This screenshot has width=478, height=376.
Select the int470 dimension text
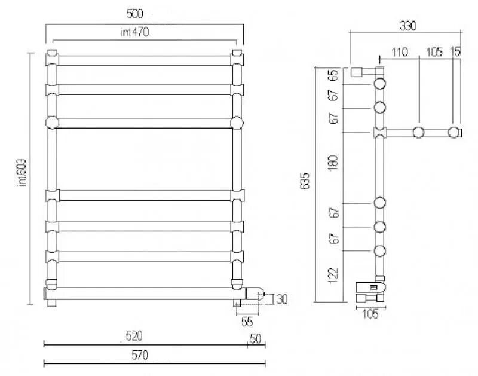(x=134, y=33)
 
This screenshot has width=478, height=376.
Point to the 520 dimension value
(x=134, y=336)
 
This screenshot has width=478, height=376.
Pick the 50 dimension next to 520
(x=255, y=339)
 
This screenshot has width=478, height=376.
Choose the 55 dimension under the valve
(x=247, y=322)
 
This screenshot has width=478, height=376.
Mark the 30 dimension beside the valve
(x=282, y=299)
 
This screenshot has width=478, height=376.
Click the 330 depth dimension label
(x=407, y=26)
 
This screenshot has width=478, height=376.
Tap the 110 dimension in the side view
(x=399, y=53)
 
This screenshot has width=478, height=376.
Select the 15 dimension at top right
(x=456, y=53)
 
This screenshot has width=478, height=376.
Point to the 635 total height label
(x=305, y=182)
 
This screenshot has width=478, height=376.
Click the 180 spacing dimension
(x=333, y=163)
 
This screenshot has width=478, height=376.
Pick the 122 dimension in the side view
(x=333, y=274)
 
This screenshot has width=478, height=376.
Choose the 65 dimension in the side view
(x=333, y=76)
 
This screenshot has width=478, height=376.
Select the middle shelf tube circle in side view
(x=419, y=132)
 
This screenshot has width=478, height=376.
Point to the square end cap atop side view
(x=357, y=72)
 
